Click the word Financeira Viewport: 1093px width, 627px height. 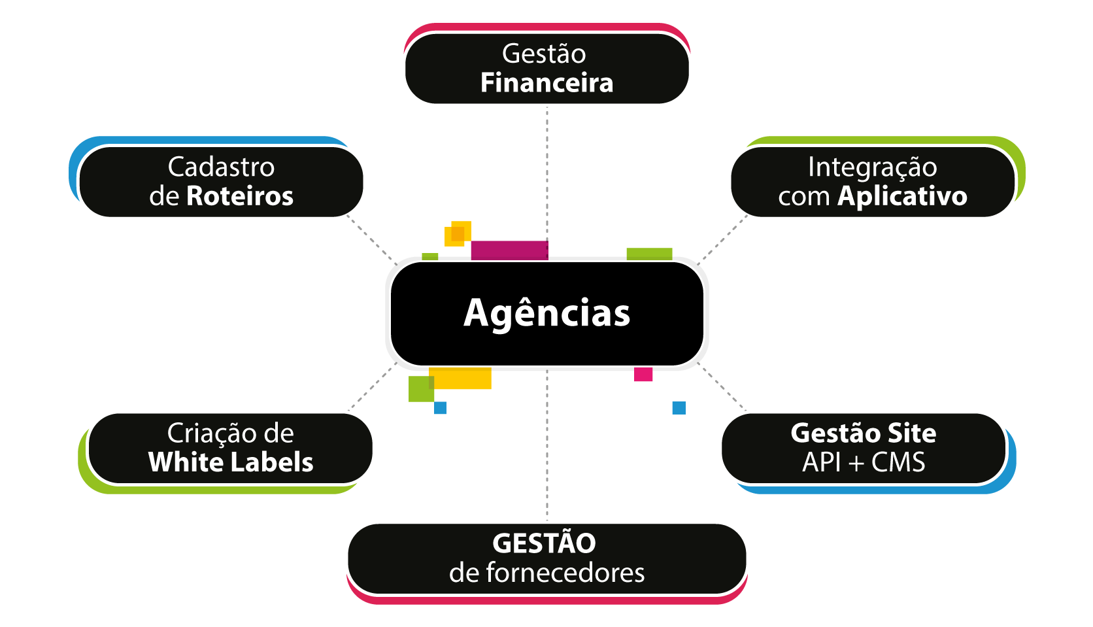coord(546,82)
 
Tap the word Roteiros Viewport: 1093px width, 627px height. coord(239,196)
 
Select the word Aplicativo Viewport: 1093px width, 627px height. coord(902,197)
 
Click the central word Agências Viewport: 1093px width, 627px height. coord(546,313)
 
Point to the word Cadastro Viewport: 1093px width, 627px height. coord(221,167)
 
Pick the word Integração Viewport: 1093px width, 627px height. coord(873,168)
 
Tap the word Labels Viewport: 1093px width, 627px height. coord(273,462)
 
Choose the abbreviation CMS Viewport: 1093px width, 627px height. coord(898,462)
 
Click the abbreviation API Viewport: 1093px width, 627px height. coord(822,462)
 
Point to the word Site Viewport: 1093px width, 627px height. coord(911,433)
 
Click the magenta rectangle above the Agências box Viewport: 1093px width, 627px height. coord(509,250)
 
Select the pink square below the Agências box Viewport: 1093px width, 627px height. coord(643,374)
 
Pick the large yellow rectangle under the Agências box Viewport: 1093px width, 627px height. coord(460,378)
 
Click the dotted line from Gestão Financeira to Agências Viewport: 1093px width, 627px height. coord(547,173)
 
